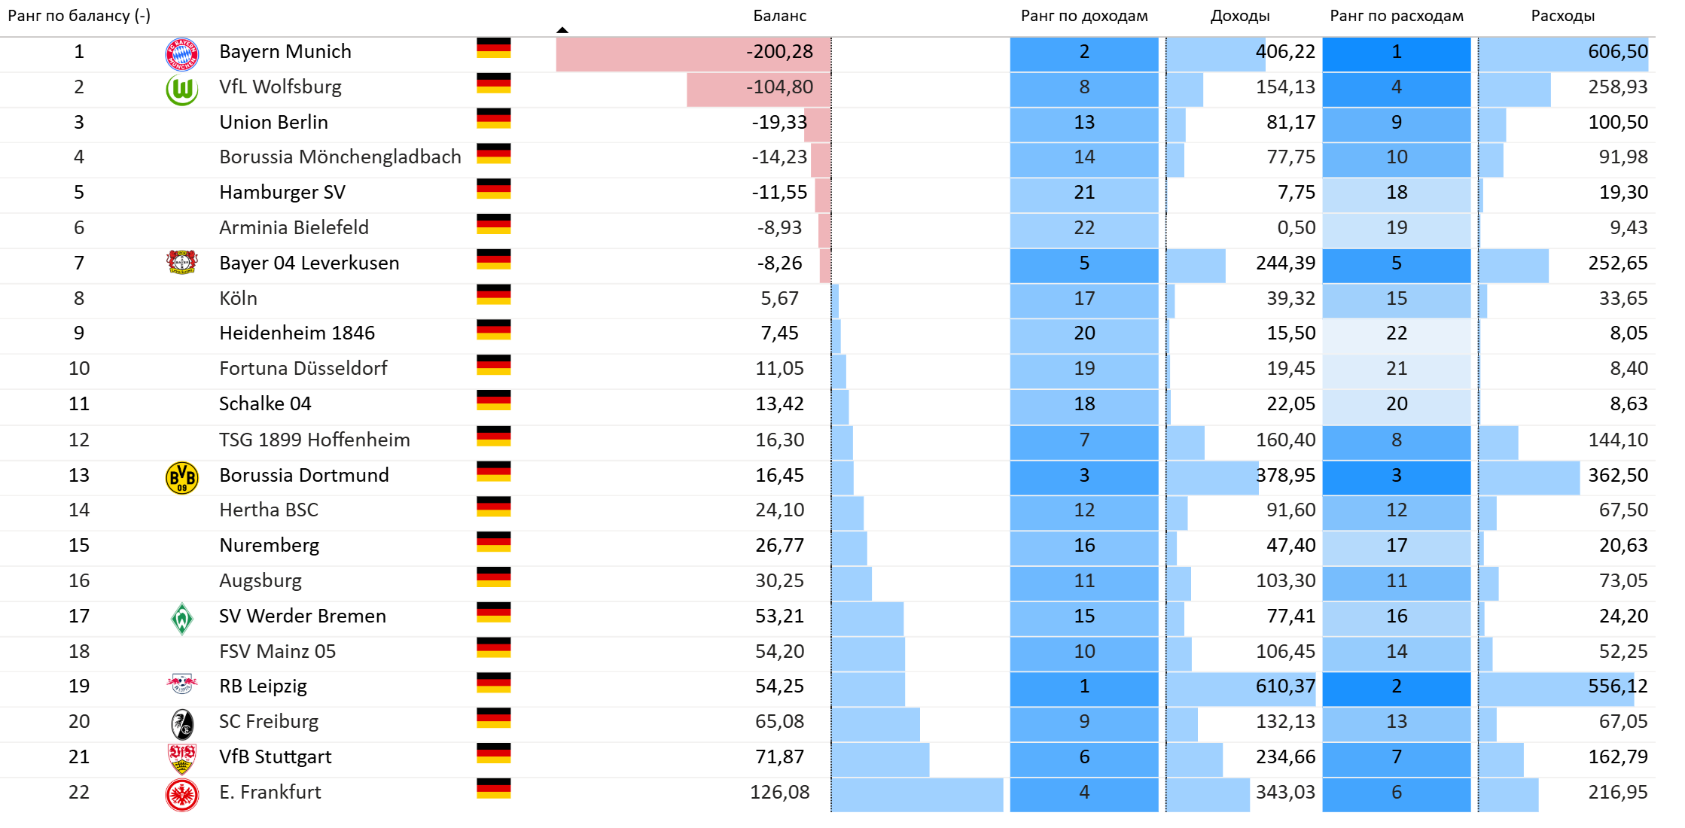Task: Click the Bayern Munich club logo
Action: tap(181, 53)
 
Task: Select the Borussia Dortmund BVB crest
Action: tap(181, 477)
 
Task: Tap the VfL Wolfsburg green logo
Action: tap(181, 90)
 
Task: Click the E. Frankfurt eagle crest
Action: tap(181, 795)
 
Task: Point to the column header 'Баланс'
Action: tap(779, 16)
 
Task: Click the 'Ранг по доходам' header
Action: tap(1083, 16)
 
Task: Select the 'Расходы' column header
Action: tap(1562, 16)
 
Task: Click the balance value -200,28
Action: tap(779, 52)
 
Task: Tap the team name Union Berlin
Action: tap(273, 122)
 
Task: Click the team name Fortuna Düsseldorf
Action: tap(303, 368)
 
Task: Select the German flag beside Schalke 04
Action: tap(493, 400)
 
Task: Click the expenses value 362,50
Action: tap(1617, 476)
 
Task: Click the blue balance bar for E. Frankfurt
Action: tap(916, 795)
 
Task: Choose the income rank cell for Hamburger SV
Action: tap(1083, 193)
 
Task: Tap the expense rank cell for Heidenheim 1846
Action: tap(1396, 333)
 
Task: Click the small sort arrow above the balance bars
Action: tap(562, 30)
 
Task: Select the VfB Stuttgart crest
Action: tap(181, 758)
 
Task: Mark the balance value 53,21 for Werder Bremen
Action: tap(779, 616)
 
